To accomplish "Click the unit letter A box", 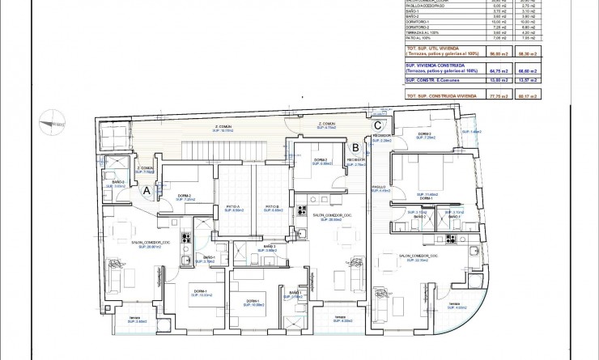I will (147, 191).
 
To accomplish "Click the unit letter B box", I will (355, 147).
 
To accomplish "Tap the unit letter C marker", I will (377, 125).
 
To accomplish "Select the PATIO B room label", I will (272, 208).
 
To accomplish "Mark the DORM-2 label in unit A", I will (184, 197).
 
